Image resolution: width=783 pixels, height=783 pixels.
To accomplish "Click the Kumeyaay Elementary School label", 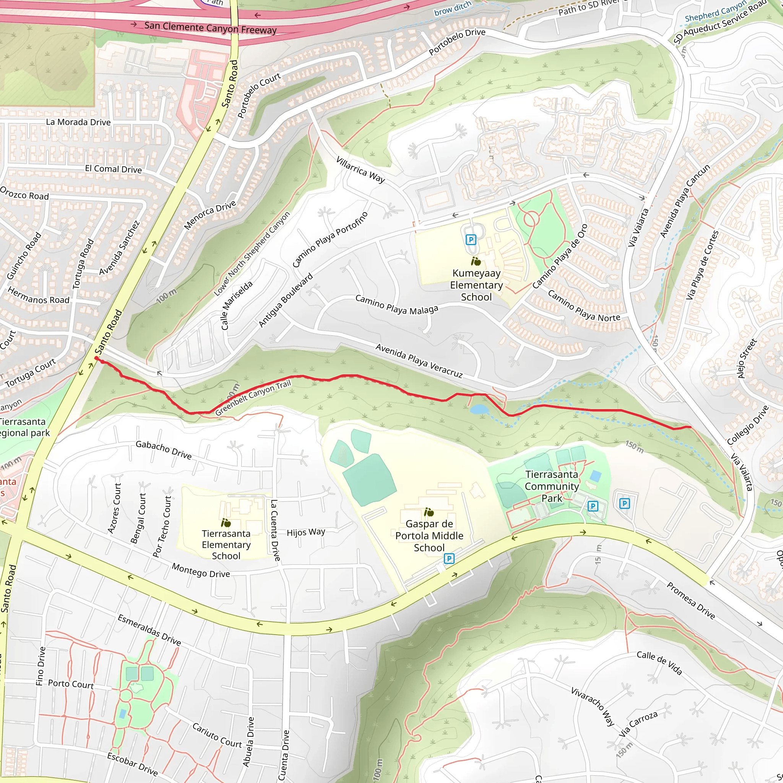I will click(x=476, y=285).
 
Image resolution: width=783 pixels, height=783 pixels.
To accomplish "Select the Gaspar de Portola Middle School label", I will click(x=429, y=535).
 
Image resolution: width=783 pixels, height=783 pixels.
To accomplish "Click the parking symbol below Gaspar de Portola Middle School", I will click(x=448, y=559).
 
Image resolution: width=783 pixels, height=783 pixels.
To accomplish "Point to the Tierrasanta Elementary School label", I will click(x=226, y=545).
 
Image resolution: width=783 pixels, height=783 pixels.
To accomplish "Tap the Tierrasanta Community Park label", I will click(x=552, y=486).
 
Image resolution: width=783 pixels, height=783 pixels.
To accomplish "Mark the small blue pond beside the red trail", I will click(x=479, y=409).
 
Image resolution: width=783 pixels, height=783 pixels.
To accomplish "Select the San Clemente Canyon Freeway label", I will click(x=210, y=28).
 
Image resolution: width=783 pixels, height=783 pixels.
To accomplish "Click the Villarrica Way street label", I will click(x=360, y=169).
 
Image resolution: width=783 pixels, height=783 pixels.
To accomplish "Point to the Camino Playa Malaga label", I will click(x=396, y=304).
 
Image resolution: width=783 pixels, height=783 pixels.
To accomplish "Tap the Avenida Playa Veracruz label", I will click(x=419, y=361).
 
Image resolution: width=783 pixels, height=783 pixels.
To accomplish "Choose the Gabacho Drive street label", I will click(x=163, y=450).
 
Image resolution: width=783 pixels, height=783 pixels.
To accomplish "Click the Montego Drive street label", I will click(x=201, y=570).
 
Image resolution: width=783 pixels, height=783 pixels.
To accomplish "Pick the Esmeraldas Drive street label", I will click(x=149, y=629).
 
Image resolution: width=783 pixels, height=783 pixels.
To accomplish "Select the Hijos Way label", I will click(x=305, y=532).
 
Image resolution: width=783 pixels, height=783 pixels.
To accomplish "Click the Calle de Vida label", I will click(x=659, y=663).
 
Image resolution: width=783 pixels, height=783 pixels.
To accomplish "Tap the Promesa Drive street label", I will click(x=690, y=600).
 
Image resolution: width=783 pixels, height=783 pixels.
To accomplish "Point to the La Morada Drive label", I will click(x=78, y=122).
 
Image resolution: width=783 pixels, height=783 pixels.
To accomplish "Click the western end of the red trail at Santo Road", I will click(x=96, y=358).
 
